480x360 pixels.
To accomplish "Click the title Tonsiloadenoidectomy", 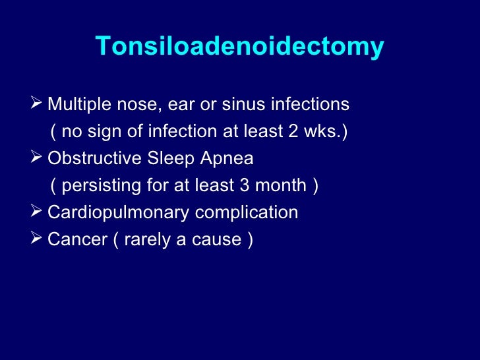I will point(239,47).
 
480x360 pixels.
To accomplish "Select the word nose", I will point(123,105).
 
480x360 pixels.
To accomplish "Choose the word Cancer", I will point(74,240).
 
